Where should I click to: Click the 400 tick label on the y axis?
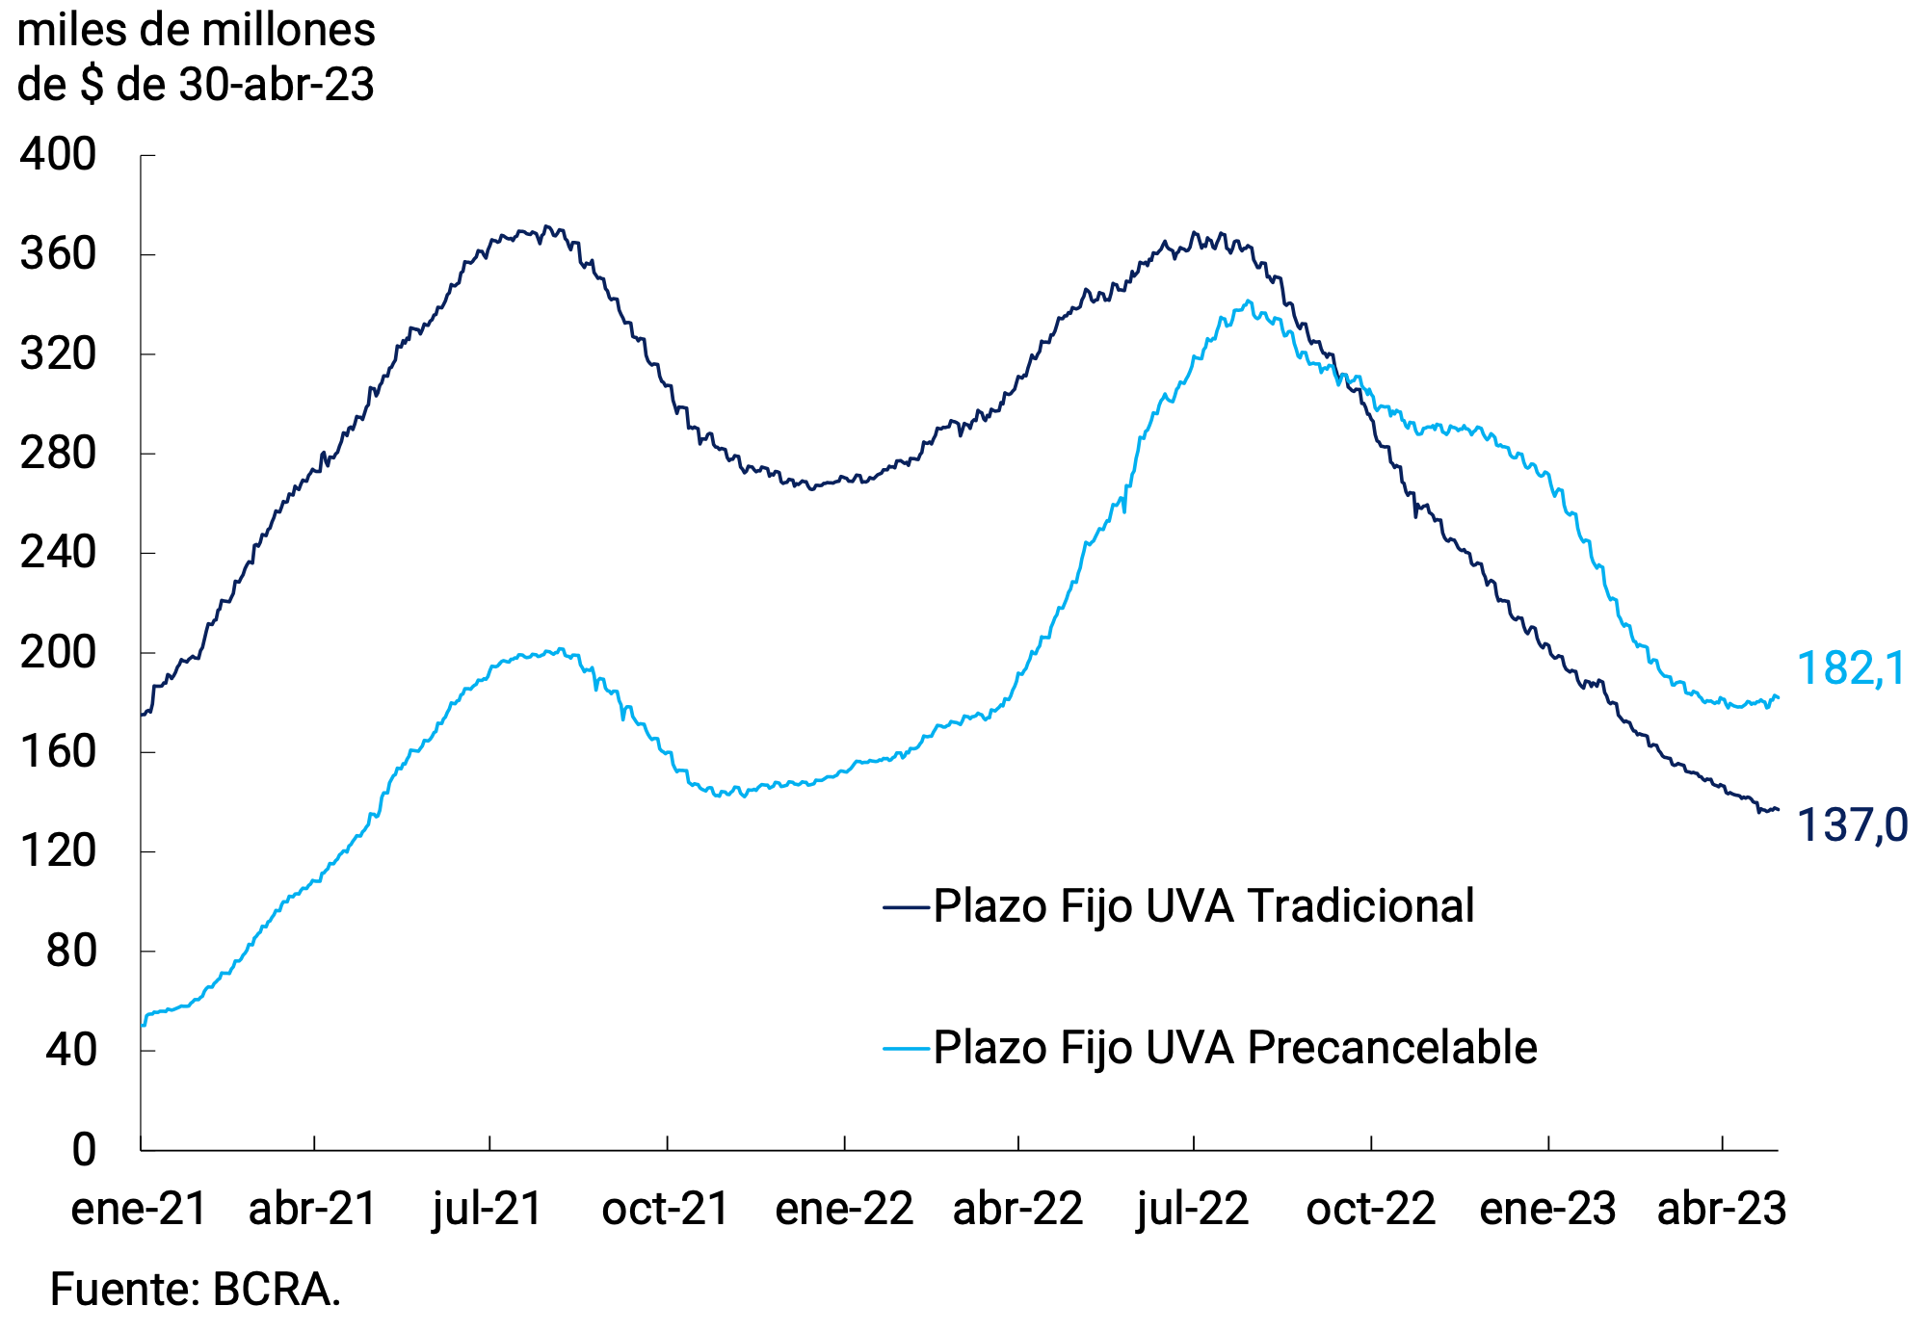click(x=58, y=155)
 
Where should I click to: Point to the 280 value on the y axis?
click(x=58, y=454)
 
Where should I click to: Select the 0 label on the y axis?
click(x=84, y=1150)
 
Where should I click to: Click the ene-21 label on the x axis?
click(x=140, y=1209)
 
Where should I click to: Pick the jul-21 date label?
click(x=488, y=1209)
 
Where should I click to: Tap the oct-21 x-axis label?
click(x=666, y=1209)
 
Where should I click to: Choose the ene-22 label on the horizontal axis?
click(x=844, y=1209)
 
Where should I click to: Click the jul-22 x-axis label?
click(x=1193, y=1209)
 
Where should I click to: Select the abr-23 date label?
click(x=1722, y=1209)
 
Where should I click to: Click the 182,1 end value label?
click(x=1851, y=669)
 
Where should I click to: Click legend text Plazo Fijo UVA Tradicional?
click(x=1203, y=906)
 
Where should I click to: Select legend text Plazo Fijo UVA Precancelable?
click(x=1234, y=1048)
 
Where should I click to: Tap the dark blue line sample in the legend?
click(x=907, y=907)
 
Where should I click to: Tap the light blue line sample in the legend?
click(x=907, y=1048)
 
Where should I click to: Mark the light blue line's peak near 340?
click(x=1248, y=301)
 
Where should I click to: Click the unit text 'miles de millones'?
click(x=197, y=31)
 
